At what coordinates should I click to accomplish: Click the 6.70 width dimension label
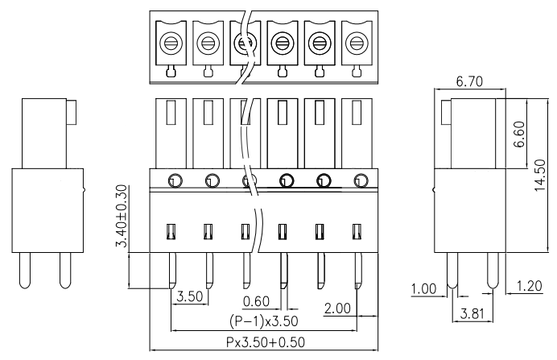(x=469, y=81)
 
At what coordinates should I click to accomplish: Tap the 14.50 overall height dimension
(x=539, y=175)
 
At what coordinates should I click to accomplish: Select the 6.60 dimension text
(x=518, y=134)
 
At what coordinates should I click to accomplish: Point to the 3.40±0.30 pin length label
(x=122, y=216)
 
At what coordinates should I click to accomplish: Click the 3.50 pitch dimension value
(x=190, y=296)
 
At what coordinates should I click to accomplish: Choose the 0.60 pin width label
(x=256, y=301)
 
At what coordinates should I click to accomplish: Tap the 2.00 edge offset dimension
(x=337, y=308)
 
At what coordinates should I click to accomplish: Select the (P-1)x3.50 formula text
(x=263, y=321)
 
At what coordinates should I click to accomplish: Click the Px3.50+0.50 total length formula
(x=266, y=342)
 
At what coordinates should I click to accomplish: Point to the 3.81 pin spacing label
(x=472, y=314)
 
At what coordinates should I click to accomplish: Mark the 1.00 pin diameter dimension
(x=423, y=289)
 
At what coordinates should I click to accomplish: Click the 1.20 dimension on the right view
(x=530, y=286)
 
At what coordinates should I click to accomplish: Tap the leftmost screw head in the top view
(x=171, y=43)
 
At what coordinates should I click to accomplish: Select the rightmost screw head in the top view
(x=357, y=43)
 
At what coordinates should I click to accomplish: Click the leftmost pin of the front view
(x=172, y=271)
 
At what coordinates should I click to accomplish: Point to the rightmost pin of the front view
(x=359, y=271)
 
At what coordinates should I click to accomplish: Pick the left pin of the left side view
(x=25, y=271)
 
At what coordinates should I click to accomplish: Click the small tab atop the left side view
(x=72, y=112)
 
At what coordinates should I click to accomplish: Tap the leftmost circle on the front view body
(x=175, y=180)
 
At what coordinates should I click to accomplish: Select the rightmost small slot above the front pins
(x=357, y=232)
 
